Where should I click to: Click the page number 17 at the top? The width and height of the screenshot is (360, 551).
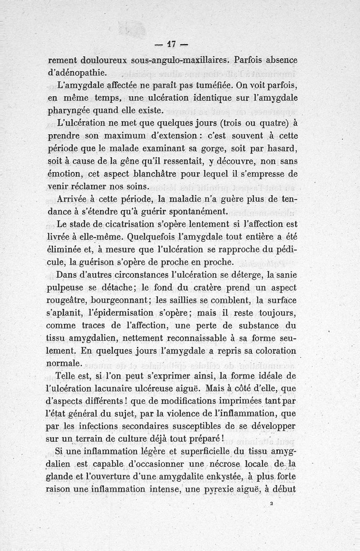tap(171, 45)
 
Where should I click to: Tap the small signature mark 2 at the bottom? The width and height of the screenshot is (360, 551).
tap(272, 505)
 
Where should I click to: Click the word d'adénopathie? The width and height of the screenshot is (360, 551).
tap(77, 72)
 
